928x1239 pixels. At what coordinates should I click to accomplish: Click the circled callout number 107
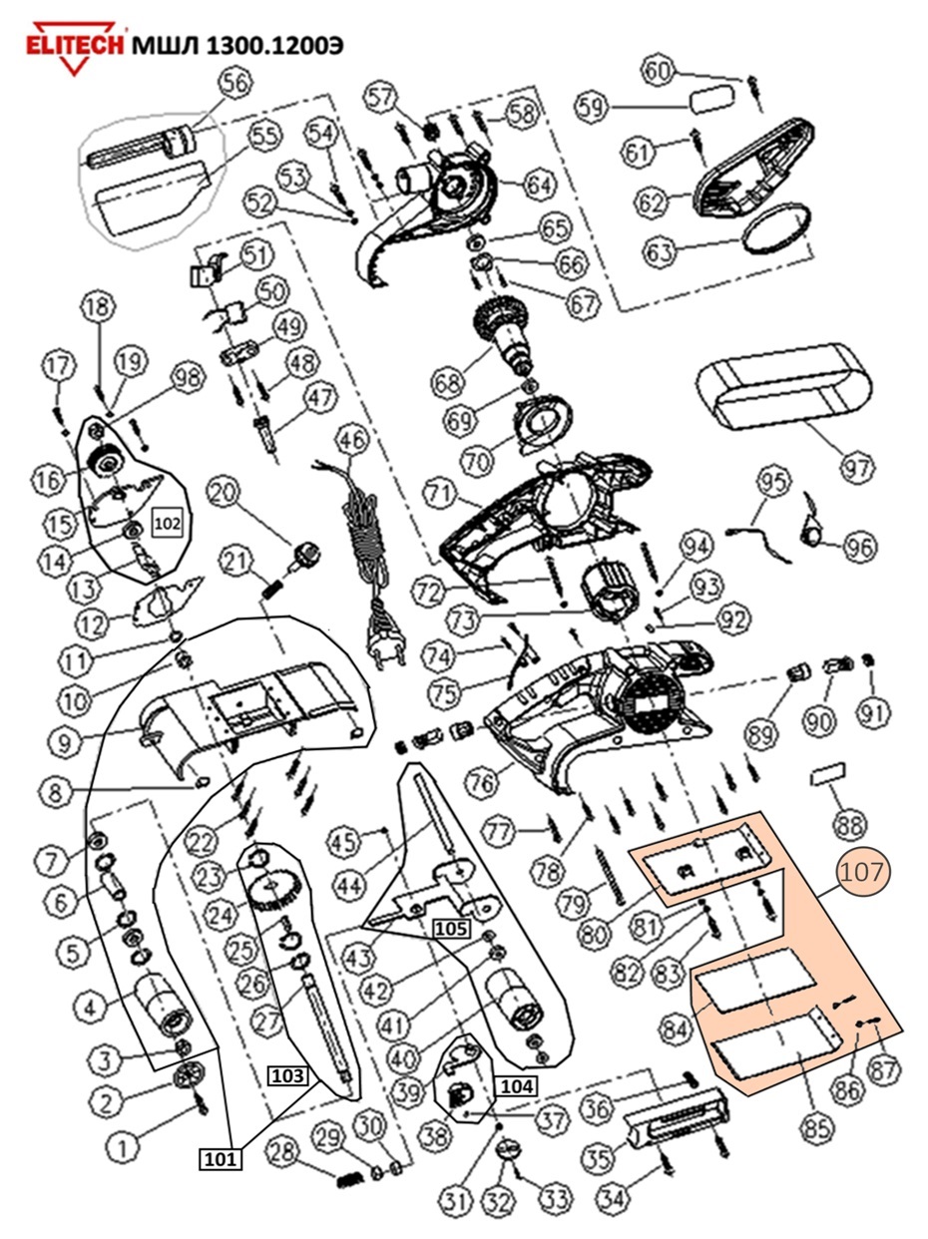click(x=861, y=873)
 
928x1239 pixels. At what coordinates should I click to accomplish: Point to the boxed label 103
click(x=285, y=1075)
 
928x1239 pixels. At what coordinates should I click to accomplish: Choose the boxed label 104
click(x=516, y=1085)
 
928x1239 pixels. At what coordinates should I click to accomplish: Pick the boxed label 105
click(x=450, y=929)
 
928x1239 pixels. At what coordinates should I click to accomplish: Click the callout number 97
click(x=857, y=466)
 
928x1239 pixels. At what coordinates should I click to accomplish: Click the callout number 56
click(x=235, y=83)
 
